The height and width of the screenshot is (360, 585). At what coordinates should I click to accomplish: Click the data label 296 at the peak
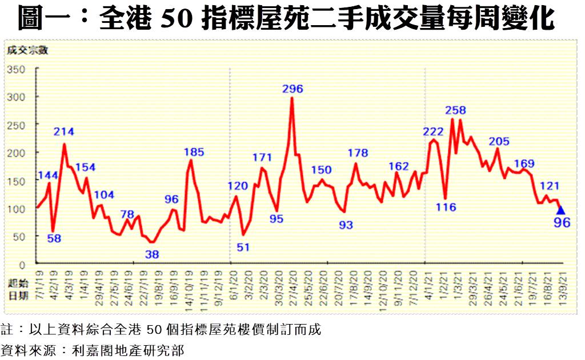point(292,89)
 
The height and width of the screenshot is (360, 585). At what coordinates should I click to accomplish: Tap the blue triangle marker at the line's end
point(560,210)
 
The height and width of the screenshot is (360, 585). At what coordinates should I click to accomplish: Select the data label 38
point(152,254)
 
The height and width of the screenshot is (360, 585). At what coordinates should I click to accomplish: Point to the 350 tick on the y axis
point(16,70)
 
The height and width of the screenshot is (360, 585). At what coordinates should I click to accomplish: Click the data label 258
point(455,110)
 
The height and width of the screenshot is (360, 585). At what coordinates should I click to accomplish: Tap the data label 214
point(64,132)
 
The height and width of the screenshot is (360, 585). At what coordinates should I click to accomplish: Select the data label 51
point(244,247)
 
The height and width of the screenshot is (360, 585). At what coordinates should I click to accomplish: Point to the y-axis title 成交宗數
point(27,50)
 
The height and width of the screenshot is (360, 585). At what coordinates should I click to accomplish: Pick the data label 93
point(346,225)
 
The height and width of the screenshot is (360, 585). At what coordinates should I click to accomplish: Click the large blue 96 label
point(562,222)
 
